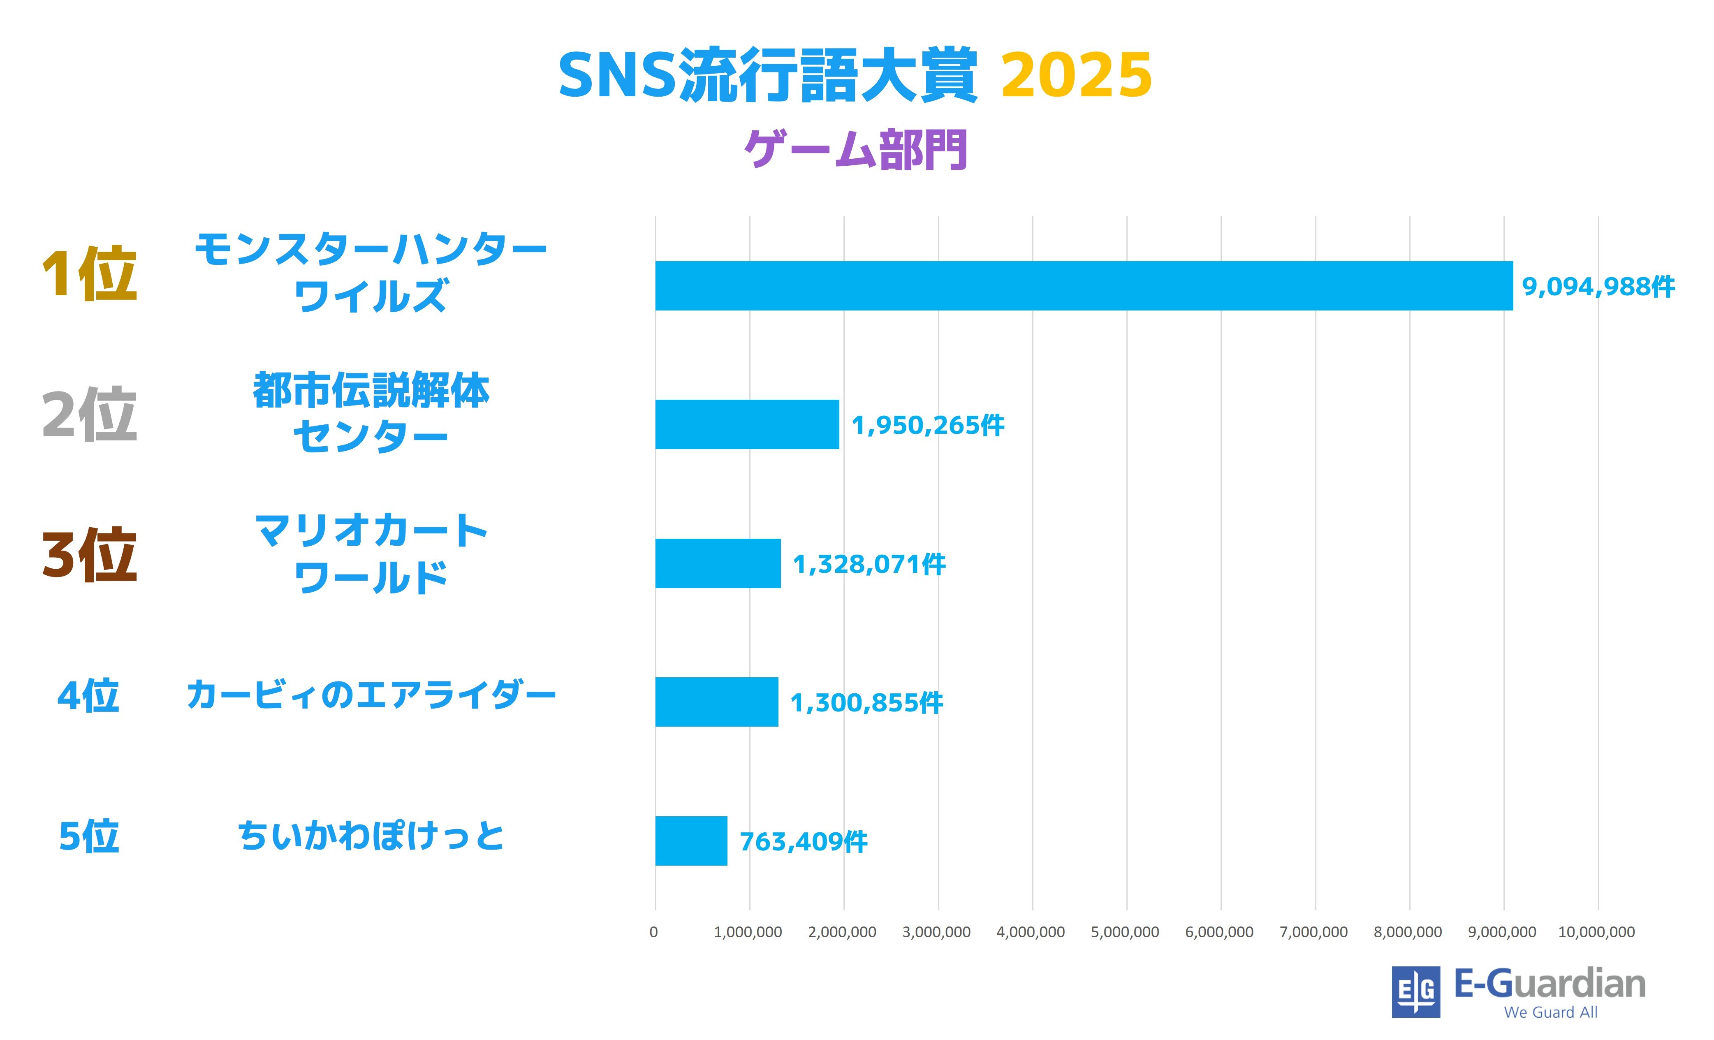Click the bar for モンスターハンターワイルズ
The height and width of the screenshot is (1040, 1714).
[1083, 285]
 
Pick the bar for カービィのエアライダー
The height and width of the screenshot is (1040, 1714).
[716, 702]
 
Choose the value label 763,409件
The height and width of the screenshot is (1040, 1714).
[803, 842]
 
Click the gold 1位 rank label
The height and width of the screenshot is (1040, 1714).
[89, 274]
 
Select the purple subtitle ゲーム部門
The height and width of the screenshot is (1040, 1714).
[856, 150]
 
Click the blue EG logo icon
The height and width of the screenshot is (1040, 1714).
[1415, 991]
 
